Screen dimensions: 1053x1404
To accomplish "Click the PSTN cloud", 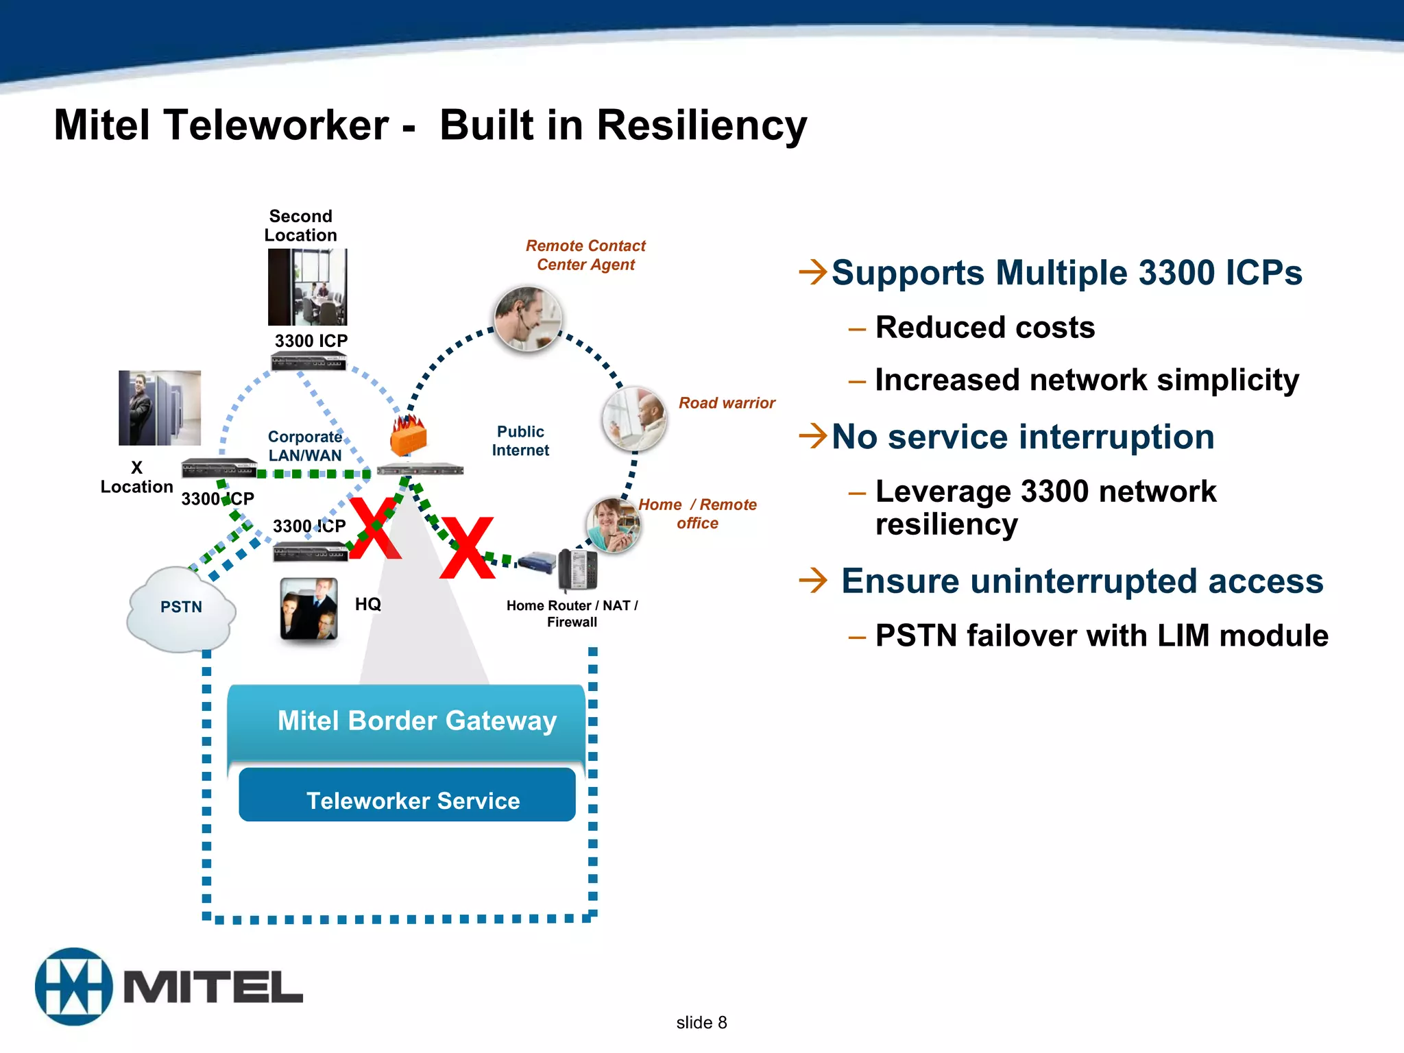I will tap(181, 609).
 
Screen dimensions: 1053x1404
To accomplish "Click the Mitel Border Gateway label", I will tap(417, 721).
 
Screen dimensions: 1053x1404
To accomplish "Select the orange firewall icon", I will tap(409, 436).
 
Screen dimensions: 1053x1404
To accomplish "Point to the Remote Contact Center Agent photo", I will tap(528, 319).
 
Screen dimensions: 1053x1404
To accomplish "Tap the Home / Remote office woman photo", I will tap(612, 525).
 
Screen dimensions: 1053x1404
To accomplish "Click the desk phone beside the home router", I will tap(578, 569).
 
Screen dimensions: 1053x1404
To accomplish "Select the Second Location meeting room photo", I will tap(307, 287).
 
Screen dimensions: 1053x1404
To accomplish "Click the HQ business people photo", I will tap(309, 609).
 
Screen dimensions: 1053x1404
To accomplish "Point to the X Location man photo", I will tap(160, 408).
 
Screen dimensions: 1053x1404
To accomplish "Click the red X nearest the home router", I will tap(468, 548).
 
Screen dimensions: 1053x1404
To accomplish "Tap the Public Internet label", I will tap(520, 441).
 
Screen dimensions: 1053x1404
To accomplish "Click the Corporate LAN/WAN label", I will tap(305, 446).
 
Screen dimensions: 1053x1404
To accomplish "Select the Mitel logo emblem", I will tap(73, 987).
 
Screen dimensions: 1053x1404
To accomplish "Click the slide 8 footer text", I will tap(701, 1022).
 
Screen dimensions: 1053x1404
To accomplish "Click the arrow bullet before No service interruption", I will tap(813, 435).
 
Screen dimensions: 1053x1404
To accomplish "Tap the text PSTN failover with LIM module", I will tap(1101, 636).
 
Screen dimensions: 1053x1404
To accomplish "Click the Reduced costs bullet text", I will tap(984, 328).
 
